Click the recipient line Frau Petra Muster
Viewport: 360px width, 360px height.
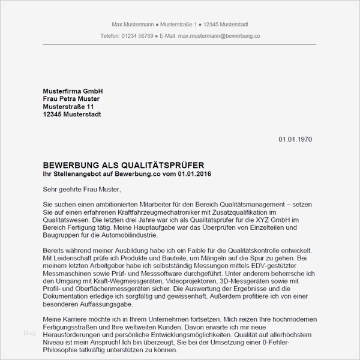[x=71, y=98]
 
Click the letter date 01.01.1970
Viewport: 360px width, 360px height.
[x=295, y=139]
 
